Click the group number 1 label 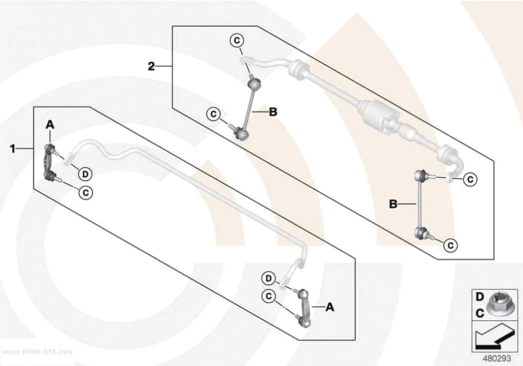12,149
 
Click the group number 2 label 151,67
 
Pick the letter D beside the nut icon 480,297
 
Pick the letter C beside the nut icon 480,314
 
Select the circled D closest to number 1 85,174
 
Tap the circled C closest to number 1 86,193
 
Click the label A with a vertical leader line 50,124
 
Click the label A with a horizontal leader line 330,307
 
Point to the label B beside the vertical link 393,204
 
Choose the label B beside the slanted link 273,113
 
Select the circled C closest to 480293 451,245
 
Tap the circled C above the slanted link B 237,41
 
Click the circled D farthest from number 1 269,278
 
